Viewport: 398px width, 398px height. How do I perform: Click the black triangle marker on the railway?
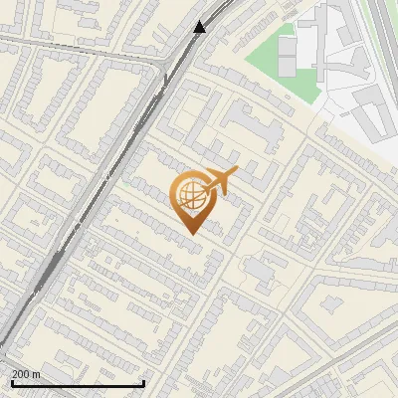tap(200, 27)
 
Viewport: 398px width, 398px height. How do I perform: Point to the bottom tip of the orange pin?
tap(189, 233)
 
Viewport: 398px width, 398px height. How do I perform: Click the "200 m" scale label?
tap(26, 374)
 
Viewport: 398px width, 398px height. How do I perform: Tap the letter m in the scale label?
tap(36, 374)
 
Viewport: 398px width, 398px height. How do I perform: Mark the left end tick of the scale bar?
tap(13, 382)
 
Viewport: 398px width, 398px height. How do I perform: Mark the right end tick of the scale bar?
tap(144, 382)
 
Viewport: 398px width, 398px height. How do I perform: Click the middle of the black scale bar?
tap(79, 383)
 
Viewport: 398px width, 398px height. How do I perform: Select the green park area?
tap(265, 60)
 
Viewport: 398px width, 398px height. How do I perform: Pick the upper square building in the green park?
tap(287, 45)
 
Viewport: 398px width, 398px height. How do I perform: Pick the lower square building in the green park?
tap(287, 66)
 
